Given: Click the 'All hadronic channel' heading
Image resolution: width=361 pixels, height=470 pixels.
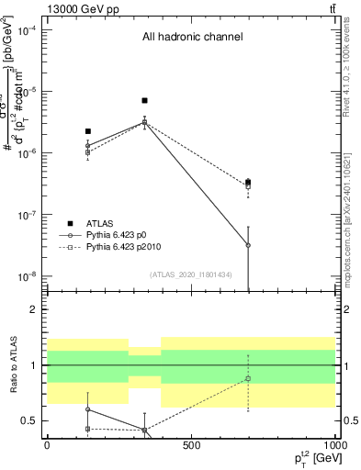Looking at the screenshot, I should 192,38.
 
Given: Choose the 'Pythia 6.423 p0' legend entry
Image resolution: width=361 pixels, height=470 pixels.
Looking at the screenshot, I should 121,235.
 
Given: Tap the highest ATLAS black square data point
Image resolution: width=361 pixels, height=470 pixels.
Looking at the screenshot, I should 144,100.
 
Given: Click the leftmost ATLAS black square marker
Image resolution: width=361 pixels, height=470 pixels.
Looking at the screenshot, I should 87,131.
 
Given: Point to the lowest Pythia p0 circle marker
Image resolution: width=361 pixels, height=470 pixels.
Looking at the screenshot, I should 248,245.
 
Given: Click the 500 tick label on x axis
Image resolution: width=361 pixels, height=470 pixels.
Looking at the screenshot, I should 191,444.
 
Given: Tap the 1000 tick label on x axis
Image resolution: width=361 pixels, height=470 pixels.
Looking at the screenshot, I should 333,444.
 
